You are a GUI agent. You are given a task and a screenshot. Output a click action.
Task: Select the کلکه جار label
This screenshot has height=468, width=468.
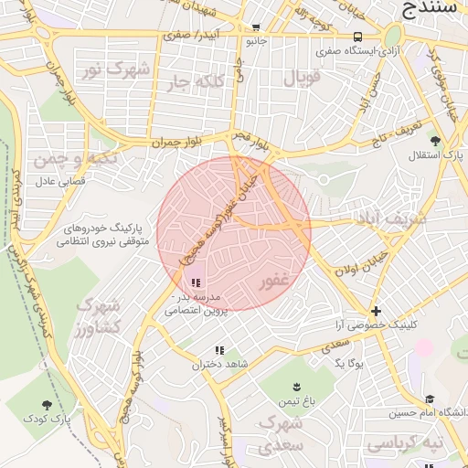pyautogui.click(x=193, y=83)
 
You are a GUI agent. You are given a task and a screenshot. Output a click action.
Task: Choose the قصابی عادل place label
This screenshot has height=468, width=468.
pyautogui.click(x=59, y=181)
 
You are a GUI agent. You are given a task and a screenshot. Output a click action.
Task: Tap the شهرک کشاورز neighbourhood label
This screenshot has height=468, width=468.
pyautogui.click(x=100, y=316)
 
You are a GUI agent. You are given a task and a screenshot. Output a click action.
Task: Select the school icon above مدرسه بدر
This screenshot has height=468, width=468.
pyautogui.click(x=197, y=282)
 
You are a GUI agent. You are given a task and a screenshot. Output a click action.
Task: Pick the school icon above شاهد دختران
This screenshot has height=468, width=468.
pyautogui.click(x=219, y=350)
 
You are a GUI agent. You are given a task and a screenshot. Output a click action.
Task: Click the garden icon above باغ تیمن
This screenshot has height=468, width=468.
pyautogui.click(x=296, y=387)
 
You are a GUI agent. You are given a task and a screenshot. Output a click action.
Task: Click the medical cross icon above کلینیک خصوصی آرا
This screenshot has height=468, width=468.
pyautogui.click(x=376, y=310)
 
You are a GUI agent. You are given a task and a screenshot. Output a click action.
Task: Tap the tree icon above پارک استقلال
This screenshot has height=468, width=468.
pyautogui.click(x=435, y=141)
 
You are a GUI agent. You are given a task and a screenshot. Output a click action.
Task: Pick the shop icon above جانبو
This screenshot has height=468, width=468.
pyautogui.click(x=256, y=27)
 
